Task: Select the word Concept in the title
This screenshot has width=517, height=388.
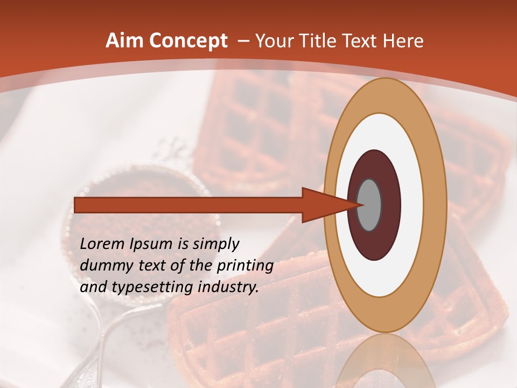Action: coord(188,41)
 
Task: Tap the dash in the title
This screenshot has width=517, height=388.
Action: coord(243,41)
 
